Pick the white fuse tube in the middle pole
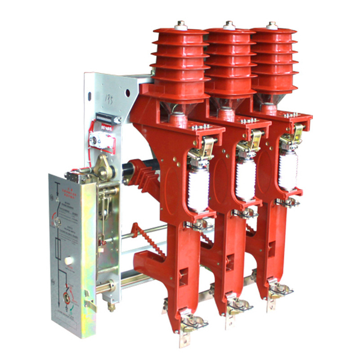245,176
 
